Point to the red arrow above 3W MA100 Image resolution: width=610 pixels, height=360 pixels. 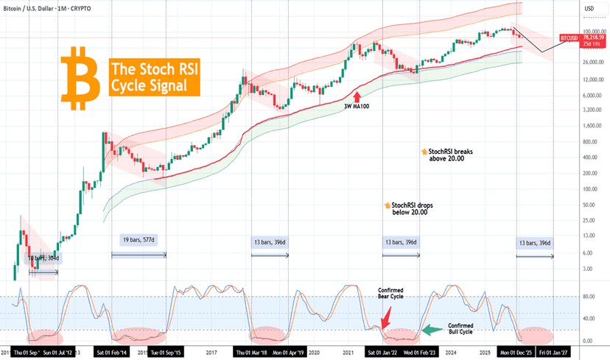[357, 95]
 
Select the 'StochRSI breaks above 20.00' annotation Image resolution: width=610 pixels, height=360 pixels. [455, 153]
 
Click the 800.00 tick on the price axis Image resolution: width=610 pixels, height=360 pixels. [585, 142]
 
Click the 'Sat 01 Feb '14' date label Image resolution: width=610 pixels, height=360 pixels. [113, 353]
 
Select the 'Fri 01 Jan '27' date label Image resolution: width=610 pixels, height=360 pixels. [554, 353]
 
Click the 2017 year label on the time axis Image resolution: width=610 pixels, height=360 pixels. [211, 353]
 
